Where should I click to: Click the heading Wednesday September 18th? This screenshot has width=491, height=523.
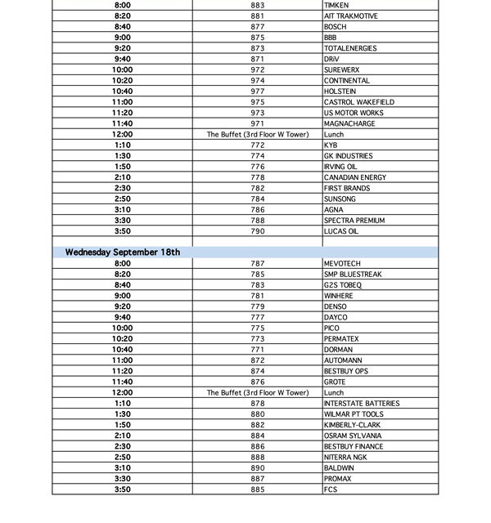point(123,253)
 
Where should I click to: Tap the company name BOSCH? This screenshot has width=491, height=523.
point(336,27)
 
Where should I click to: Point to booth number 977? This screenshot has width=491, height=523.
point(258,92)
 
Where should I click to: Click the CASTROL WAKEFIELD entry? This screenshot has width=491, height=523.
point(358,102)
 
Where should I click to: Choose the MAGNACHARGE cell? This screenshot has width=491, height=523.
point(349,123)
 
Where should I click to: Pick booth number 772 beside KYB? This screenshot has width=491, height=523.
point(258,145)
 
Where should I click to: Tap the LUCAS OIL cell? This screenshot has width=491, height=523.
point(341,231)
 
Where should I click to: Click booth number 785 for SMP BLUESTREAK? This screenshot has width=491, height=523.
point(258,275)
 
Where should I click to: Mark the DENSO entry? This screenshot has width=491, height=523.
point(336,306)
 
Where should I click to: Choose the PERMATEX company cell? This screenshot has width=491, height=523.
point(341,339)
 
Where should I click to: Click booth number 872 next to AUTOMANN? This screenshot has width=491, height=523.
point(258,360)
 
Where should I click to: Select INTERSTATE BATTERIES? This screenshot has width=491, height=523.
point(362,404)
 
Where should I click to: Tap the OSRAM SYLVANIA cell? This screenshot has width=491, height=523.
point(353,436)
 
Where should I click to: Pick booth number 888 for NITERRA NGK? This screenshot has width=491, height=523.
point(258,458)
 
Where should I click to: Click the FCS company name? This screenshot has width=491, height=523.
point(331,489)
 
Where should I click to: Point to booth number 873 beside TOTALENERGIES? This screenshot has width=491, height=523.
point(258,48)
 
